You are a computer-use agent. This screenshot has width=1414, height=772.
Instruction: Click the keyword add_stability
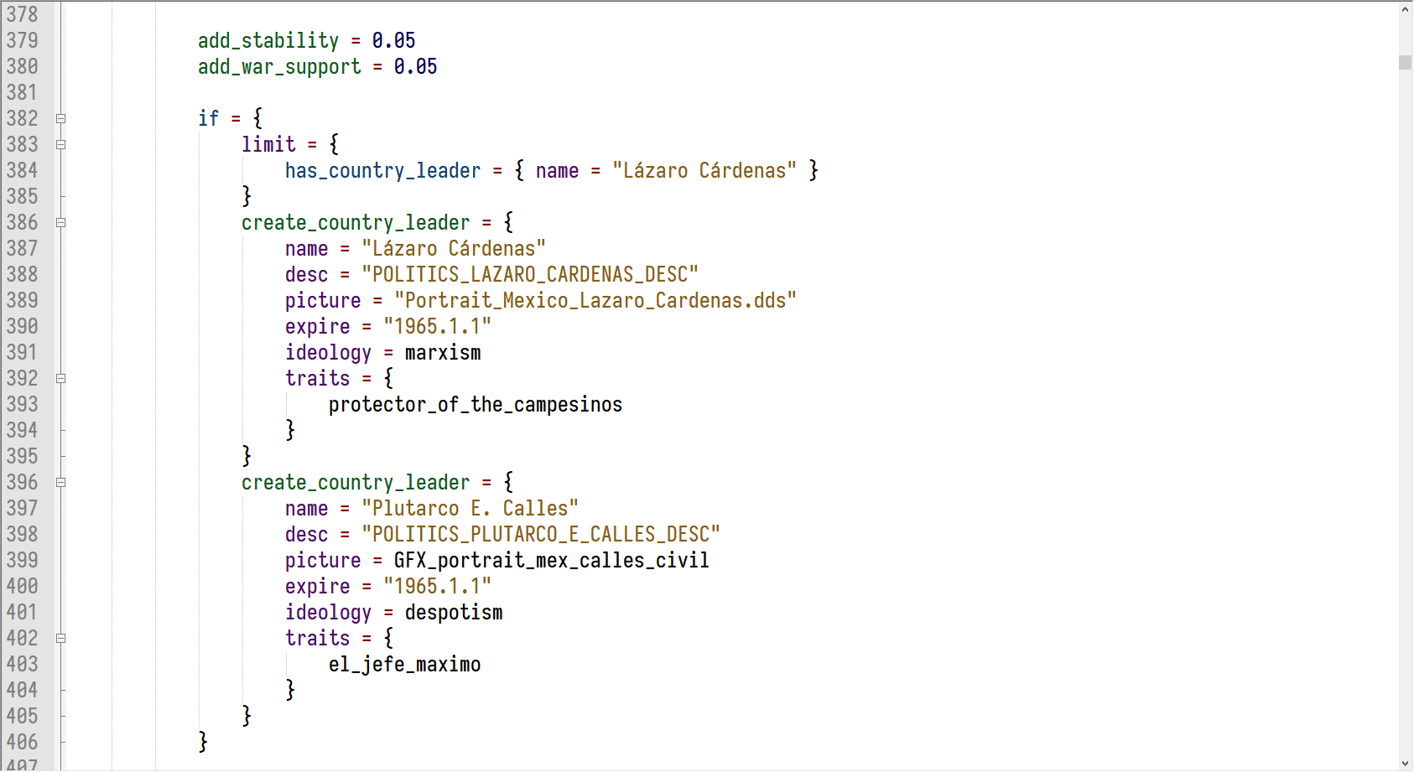pos(268,40)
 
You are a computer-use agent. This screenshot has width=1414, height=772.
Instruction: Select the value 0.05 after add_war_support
pos(415,66)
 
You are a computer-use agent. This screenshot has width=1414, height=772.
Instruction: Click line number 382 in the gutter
pos(22,118)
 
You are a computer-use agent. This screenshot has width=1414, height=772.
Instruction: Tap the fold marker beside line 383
pos(61,144)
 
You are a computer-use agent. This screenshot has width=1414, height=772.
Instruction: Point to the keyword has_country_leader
pos(382,170)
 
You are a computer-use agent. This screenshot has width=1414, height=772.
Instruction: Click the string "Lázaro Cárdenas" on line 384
pos(704,170)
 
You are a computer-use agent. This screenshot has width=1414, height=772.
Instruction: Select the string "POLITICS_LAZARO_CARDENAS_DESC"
pos(530,274)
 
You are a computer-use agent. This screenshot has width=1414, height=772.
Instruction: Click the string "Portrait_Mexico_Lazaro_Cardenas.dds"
pos(595,300)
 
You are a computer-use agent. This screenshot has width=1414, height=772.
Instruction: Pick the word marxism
pos(443,352)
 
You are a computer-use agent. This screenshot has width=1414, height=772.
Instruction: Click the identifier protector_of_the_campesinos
pos(475,404)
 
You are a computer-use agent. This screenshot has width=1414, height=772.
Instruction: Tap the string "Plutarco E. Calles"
pos(470,508)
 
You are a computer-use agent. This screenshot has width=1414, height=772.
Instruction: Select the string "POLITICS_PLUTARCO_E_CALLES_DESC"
pos(541,534)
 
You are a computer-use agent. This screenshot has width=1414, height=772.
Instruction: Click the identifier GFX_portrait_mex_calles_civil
pos(551,560)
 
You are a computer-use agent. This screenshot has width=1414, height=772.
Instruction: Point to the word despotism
pos(454,612)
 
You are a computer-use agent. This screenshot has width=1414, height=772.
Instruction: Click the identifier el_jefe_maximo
pos(404,664)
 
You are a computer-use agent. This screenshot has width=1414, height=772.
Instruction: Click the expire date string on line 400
pos(437,586)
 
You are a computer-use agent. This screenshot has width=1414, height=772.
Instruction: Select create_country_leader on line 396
pos(356,482)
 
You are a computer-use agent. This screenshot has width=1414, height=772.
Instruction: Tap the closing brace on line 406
pos(203,741)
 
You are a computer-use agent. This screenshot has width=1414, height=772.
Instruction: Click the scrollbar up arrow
pos(1406,9)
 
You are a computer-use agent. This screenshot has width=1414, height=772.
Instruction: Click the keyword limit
pos(268,144)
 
